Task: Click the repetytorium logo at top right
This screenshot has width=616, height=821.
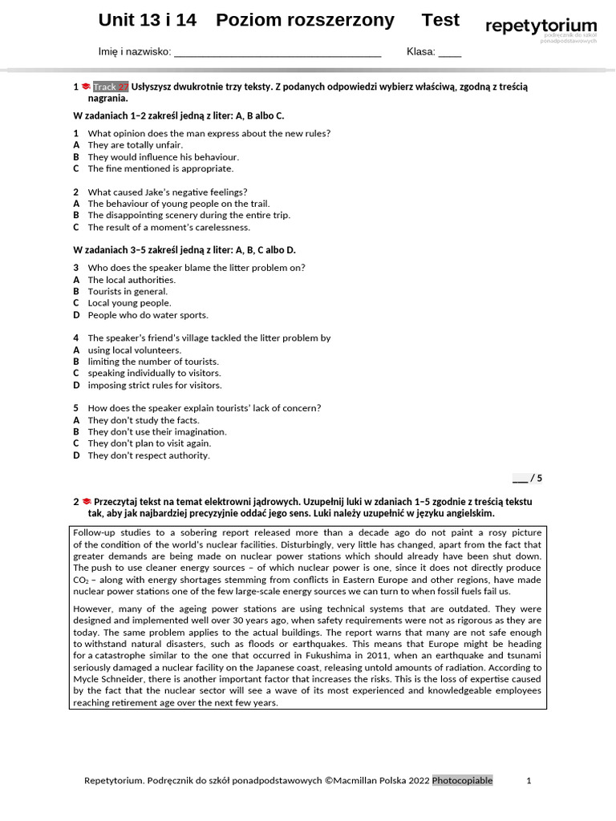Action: pyautogui.click(x=541, y=27)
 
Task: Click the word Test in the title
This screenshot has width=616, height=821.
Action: pyautogui.click(x=440, y=21)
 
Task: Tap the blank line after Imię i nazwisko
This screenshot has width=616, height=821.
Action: pyautogui.click(x=277, y=53)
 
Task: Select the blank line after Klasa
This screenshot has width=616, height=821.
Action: pyautogui.click(x=449, y=53)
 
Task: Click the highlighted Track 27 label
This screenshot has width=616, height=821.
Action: pyautogui.click(x=111, y=87)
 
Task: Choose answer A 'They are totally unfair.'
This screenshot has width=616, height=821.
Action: pyautogui.click(x=135, y=145)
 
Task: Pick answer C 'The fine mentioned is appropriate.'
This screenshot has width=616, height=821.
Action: pyautogui.click(x=160, y=168)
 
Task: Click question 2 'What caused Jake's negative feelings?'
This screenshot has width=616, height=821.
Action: pyautogui.click(x=167, y=192)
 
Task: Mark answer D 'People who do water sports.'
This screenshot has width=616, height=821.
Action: pyautogui.click(x=148, y=315)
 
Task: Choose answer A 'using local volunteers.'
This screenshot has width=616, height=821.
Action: pyautogui.click(x=134, y=350)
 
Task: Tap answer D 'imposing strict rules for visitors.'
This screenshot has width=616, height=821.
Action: pyautogui.click(x=154, y=385)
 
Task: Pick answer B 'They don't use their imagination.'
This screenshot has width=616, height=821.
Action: pyautogui.click(x=156, y=431)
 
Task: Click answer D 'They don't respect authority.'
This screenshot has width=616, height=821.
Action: pyautogui.click(x=148, y=455)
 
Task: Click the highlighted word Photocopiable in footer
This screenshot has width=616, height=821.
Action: pyautogui.click(x=463, y=781)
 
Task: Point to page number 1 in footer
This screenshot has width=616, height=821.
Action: pyautogui.click(x=529, y=781)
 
